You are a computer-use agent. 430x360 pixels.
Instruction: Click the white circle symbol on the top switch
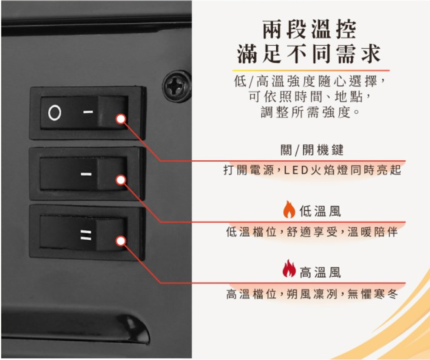coord(55,112)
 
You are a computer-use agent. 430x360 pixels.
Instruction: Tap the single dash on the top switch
coord(88,112)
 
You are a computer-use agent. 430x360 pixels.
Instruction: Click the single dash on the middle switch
coord(87,174)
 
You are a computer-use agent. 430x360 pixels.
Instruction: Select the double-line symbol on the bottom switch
coord(86,235)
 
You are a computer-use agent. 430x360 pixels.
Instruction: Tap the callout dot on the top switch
coord(121,119)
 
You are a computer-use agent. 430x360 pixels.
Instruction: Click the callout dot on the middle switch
coord(121,180)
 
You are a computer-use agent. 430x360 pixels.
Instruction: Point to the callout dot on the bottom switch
coord(121,241)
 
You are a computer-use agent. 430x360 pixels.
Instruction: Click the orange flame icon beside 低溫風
coord(289,210)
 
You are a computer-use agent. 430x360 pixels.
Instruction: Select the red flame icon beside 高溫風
coord(289,269)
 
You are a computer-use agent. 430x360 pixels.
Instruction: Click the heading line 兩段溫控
coord(309,29)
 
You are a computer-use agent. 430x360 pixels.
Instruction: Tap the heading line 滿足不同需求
coord(309,53)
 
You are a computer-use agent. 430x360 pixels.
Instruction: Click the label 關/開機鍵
coord(312,150)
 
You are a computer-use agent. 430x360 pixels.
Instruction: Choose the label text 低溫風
coord(320,211)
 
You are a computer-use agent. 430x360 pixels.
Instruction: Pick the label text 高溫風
coord(320,273)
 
